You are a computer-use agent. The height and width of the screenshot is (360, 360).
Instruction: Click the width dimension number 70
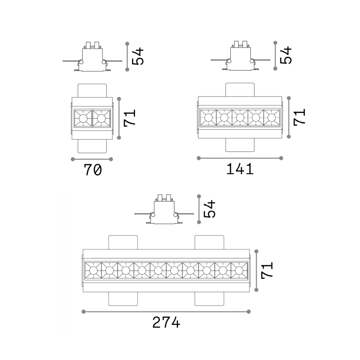[x=93, y=170]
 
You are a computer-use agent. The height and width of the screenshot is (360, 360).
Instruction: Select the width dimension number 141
[x=240, y=169]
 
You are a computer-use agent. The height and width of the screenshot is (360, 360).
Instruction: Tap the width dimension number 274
[x=166, y=322]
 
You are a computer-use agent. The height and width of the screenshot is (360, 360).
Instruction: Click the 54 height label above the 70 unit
[x=138, y=56]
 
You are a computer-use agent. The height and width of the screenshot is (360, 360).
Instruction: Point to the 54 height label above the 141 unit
[x=286, y=55]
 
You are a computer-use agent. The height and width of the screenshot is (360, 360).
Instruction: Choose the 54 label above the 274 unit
[x=210, y=209]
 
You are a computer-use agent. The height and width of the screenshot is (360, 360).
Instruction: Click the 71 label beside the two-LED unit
[x=130, y=118]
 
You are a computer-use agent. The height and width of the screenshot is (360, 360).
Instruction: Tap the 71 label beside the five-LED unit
[x=300, y=117]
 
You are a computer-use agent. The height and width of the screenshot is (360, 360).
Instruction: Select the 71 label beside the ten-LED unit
[x=267, y=270]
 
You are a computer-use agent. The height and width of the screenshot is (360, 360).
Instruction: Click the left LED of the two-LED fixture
[x=83, y=118]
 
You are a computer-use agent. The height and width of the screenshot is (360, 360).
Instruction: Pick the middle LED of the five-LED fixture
[x=240, y=118]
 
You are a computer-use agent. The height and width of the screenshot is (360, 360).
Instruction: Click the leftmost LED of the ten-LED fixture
[x=93, y=271]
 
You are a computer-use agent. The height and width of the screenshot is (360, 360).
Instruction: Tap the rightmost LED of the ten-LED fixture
[x=239, y=271]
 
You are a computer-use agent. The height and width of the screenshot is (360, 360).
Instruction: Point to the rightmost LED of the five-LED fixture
[x=271, y=118]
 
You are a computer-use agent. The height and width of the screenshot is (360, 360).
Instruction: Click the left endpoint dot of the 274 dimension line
[x=84, y=311]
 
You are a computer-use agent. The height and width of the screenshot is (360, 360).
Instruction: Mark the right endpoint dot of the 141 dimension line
[x=281, y=158]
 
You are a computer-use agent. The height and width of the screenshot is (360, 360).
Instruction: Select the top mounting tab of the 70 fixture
[x=92, y=90]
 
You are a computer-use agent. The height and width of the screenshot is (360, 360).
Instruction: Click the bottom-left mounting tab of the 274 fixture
[x=123, y=299]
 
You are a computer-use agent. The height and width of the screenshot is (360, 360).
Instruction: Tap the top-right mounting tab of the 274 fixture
[x=210, y=242]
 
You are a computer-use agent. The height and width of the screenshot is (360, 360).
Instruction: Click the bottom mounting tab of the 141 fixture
[x=240, y=145]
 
